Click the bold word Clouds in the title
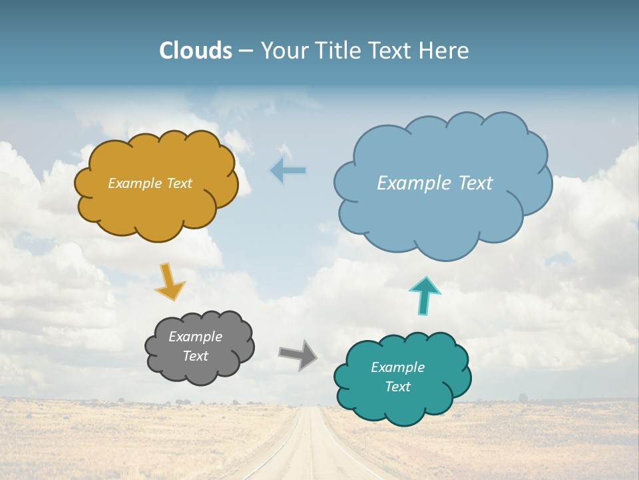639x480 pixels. point(196,51)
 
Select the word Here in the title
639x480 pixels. point(446,51)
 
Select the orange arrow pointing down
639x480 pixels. point(170,282)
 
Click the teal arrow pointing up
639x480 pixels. point(425,295)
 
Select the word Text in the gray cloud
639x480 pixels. point(195,356)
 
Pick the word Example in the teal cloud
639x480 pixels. point(397,367)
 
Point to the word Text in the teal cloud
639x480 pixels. point(397,387)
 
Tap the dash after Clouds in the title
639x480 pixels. point(246,51)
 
